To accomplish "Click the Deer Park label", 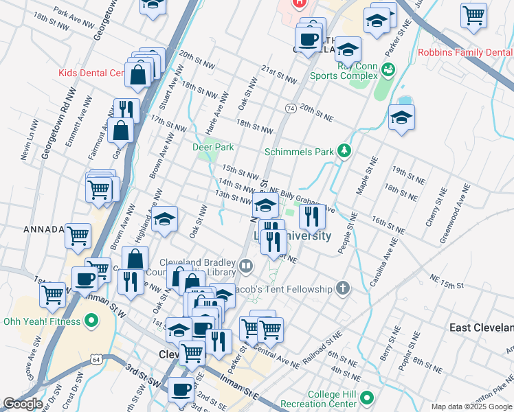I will (x=213, y=147).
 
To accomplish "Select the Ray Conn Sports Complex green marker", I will (x=388, y=69).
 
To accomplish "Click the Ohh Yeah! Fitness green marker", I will (x=91, y=321).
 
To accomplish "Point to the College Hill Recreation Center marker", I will (x=367, y=397).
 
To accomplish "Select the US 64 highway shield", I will (x=96, y=359).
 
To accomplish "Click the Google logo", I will (x=23, y=404).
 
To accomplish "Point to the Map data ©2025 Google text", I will (x=471, y=407).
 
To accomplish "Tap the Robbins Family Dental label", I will (x=465, y=53).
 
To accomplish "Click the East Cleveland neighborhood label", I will (x=481, y=328).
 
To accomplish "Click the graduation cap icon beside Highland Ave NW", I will (x=164, y=220).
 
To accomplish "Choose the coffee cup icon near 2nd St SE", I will (x=181, y=389).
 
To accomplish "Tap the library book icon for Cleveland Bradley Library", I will (x=245, y=264).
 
